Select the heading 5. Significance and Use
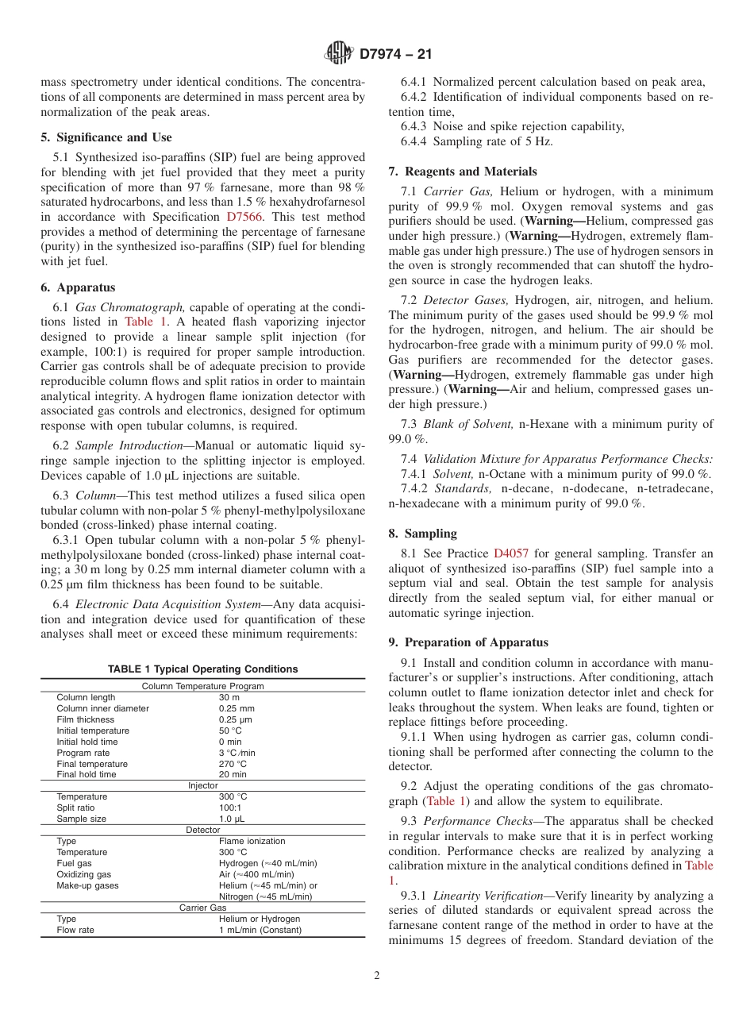tap(106, 137)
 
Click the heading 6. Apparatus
tap(78, 287)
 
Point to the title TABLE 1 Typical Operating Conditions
tap(202, 669)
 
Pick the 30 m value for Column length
tap(229, 697)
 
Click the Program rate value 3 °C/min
tap(237, 753)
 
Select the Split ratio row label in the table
tap(75, 808)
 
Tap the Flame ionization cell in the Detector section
tap(252, 841)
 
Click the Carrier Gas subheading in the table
tap(202, 908)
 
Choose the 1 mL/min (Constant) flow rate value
tap(260, 930)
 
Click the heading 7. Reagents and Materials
tap(463, 172)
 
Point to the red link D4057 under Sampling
tap(510, 553)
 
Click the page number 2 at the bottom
tap(376, 976)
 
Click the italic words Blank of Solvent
tap(468, 424)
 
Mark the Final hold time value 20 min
tap(233, 774)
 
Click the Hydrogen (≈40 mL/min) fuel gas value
tap(267, 863)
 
